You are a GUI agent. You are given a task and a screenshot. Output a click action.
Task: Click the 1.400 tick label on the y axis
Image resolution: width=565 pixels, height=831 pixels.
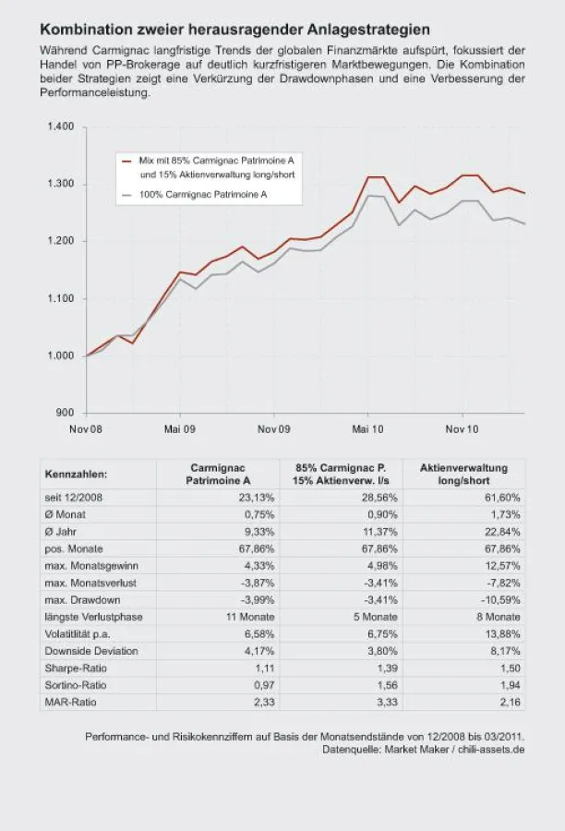point(60,126)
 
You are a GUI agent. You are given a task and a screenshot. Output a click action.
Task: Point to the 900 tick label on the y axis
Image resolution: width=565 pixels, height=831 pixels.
point(65,413)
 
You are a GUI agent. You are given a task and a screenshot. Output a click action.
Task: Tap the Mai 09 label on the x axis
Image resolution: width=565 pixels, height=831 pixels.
point(180,429)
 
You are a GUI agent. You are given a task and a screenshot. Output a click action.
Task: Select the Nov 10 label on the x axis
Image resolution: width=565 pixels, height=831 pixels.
point(462,429)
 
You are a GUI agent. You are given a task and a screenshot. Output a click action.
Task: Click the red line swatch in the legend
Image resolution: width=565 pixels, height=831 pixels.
point(126,161)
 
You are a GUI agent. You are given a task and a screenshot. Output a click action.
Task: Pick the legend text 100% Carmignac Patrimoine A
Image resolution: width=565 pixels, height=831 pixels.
point(203,195)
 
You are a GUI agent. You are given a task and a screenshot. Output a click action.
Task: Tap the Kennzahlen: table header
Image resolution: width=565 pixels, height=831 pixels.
point(76,474)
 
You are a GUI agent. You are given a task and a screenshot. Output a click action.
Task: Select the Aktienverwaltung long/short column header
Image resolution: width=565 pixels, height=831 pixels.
point(463,475)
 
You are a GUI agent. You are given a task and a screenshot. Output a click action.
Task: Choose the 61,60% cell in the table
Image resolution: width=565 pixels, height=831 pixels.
point(502,497)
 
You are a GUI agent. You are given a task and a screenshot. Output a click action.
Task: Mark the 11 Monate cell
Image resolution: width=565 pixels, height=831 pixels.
point(250,617)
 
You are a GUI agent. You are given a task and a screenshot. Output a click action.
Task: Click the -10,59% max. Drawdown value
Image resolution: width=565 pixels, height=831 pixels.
point(500,600)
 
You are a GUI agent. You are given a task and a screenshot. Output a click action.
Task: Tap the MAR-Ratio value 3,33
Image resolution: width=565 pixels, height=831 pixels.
point(388,703)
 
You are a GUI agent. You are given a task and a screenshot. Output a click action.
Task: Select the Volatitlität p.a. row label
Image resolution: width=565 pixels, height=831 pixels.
point(78,633)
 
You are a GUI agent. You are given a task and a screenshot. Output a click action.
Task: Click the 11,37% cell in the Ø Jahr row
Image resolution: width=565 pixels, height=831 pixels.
point(379,532)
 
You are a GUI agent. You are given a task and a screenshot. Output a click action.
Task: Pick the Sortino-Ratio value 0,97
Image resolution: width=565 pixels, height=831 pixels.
point(264,685)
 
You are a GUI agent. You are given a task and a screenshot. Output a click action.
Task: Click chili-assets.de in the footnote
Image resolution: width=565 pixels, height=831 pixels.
point(491,750)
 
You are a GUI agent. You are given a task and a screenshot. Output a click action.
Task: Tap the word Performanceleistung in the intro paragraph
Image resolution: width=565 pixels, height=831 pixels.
point(94,92)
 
